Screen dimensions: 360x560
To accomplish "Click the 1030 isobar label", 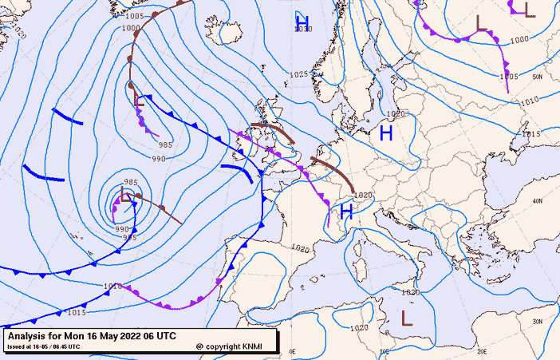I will point(303,30).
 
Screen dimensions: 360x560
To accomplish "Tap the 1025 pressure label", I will point(298,74).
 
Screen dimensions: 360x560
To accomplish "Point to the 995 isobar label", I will point(130,237).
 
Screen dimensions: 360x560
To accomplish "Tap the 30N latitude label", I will point(538,321).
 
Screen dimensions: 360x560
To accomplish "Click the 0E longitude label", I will point(292,351).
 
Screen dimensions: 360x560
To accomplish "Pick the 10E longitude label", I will point(384,351).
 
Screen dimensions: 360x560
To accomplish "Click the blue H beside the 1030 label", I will point(302,19).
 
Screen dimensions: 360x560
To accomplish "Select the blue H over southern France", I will point(346,212).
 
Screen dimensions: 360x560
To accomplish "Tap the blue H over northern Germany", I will point(386,133).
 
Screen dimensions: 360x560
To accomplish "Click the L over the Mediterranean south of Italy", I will point(407,317).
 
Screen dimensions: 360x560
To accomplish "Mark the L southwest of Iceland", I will point(140,101).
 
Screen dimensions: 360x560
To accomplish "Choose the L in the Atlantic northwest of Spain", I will point(125,196).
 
